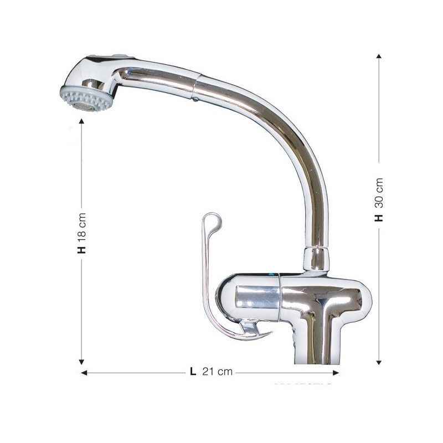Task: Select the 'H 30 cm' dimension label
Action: pyautogui.click(x=379, y=199)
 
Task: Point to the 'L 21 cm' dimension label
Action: pyautogui.click(x=211, y=372)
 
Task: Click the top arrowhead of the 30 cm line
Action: pyautogui.click(x=379, y=56)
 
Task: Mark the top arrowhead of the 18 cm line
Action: pyautogui.click(x=82, y=121)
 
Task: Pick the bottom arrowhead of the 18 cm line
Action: pyautogui.click(x=82, y=362)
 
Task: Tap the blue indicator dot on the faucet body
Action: pyautogui.click(x=271, y=274)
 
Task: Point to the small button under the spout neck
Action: pyautogui.click(x=194, y=100)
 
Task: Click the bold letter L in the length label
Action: pyautogui.click(x=193, y=372)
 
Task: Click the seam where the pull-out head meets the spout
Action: pyautogui.click(x=197, y=83)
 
